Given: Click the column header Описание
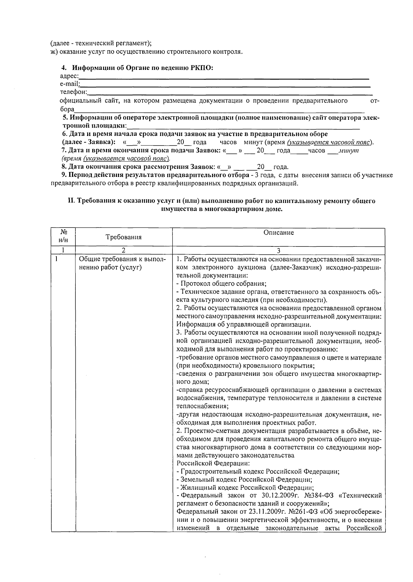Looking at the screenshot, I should tap(278, 233).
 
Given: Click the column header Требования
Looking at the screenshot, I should tap(124, 237).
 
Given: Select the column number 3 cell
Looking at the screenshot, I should tap(278, 251).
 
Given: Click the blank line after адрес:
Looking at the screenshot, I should tap(224, 78).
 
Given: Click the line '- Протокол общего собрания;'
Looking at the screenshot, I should tap(221, 284).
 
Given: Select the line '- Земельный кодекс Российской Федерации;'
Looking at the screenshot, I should tap(244, 479).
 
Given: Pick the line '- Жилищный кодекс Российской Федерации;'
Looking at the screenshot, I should tap(245, 487).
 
